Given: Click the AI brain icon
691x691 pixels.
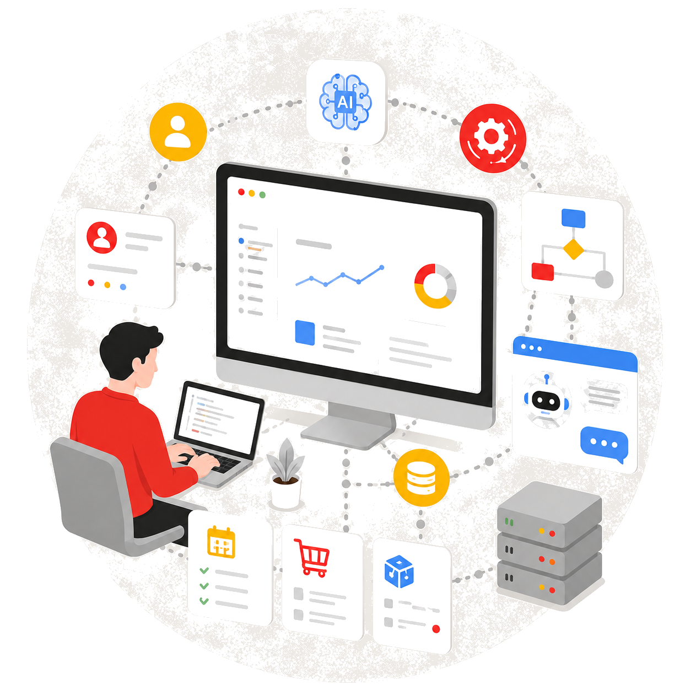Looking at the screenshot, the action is point(345,101).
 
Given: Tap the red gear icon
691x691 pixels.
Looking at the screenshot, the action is point(493,138).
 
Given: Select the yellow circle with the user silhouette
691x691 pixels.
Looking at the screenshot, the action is point(178,132).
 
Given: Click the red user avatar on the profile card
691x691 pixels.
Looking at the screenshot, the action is point(102,237).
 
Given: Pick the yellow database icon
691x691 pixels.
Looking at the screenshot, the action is point(421,478).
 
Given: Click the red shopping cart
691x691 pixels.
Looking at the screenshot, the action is point(311,557).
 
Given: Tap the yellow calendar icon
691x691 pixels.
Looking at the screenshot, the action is point(222,542).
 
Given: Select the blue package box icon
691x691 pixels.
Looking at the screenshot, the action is point(399,571).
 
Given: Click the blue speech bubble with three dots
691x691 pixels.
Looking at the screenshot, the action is point(604,444).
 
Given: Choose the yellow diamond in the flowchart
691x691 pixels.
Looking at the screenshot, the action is point(573,249).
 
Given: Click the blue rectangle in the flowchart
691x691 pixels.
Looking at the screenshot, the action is point(574,218).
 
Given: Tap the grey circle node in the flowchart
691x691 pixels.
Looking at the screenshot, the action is point(604,279).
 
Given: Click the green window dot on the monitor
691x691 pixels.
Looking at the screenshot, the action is point(262,195).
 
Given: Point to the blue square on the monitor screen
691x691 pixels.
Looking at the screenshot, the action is point(305,333).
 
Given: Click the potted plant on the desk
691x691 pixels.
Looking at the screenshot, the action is point(285,473).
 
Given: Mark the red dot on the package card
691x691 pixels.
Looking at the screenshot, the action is point(436,629).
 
